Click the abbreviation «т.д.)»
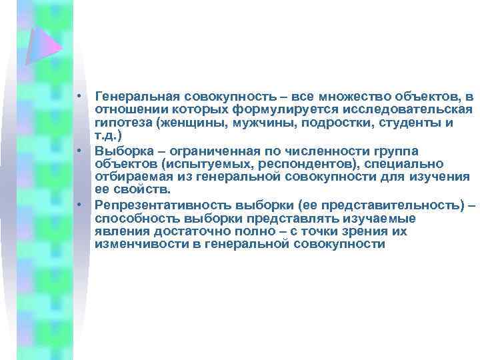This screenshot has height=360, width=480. point(108,134)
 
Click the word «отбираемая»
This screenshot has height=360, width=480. point(134,176)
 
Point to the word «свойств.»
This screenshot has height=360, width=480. point(147,189)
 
